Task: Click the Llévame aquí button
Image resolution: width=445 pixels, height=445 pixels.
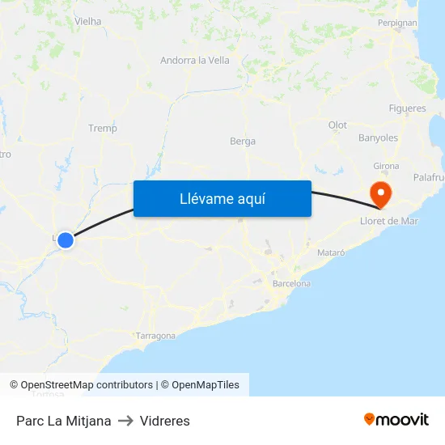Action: (222, 198)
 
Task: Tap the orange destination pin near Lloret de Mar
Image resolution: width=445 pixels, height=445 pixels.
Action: (379, 193)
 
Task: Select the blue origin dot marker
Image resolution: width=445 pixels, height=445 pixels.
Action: (66, 240)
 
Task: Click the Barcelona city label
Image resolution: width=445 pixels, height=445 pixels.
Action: (291, 284)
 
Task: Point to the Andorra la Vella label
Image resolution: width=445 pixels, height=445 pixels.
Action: (195, 60)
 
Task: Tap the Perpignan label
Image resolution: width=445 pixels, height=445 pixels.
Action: (397, 23)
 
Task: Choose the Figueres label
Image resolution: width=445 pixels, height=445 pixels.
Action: (407, 108)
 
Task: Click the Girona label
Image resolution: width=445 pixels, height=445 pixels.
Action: (386, 166)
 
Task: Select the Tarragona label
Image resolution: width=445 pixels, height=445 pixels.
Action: (156, 336)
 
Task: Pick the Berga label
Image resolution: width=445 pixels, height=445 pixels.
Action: (243, 141)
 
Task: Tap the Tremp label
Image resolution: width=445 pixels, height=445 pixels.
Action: (103, 128)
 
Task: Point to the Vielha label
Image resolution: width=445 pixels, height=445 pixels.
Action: (87, 21)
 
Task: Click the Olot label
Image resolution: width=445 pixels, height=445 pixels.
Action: (337, 125)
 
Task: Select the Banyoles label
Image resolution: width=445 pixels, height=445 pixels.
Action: (378, 138)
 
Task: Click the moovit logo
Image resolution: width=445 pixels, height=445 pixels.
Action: (396, 420)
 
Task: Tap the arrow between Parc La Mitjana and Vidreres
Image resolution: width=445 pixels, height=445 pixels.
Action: (125, 421)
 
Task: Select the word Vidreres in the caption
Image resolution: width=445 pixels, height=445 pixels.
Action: (164, 421)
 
